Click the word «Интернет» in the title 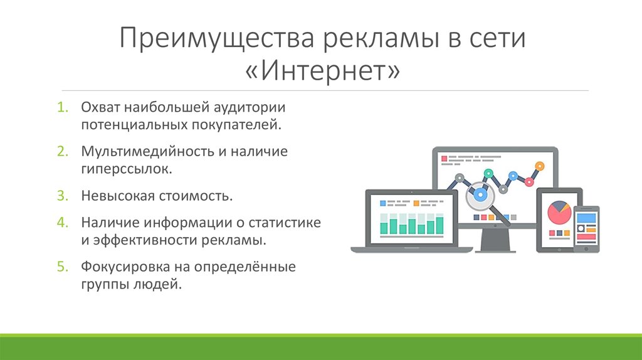click(x=322, y=70)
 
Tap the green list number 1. click(x=62, y=107)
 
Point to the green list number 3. click(x=62, y=196)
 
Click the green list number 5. click(x=62, y=267)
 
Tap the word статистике click(x=285, y=223)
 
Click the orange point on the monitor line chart click(x=540, y=166)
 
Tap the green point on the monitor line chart click(x=488, y=173)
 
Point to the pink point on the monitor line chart click(x=529, y=182)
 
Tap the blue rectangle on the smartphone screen click(x=586, y=218)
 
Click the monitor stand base click(x=495, y=249)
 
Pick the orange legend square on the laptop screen click(x=416, y=203)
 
